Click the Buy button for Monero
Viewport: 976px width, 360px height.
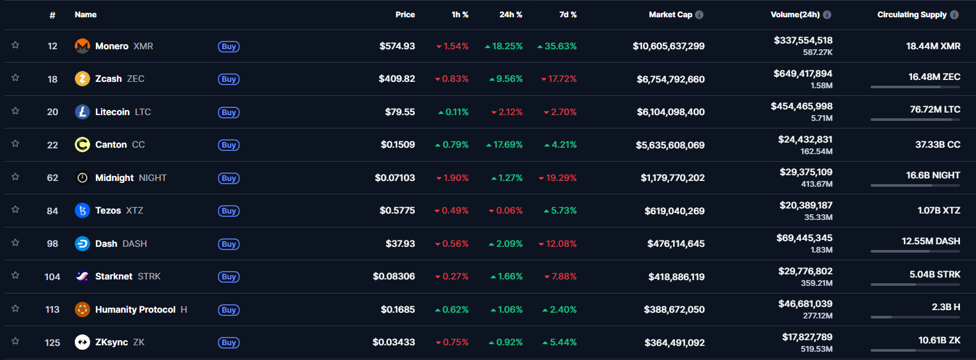(x=229, y=47)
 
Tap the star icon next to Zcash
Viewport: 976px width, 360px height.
(x=15, y=78)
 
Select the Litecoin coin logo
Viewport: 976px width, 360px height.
(x=82, y=112)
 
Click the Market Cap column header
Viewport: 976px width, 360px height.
(x=670, y=15)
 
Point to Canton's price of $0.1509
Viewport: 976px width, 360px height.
(x=398, y=145)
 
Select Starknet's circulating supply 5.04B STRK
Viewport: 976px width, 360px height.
(x=934, y=274)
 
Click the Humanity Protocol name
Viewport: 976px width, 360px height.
(x=135, y=309)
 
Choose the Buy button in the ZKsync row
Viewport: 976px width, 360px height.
(x=229, y=343)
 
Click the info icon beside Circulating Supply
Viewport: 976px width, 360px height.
(x=954, y=15)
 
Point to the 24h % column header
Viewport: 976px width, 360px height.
(x=511, y=15)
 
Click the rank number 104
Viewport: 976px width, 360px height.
(x=52, y=277)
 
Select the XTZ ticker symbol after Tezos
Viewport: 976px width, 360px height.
(x=135, y=210)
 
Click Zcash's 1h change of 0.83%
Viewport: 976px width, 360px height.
(x=451, y=79)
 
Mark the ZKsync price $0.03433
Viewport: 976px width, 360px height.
(x=394, y=342)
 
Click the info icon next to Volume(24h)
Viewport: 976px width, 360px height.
(x=827, y=15)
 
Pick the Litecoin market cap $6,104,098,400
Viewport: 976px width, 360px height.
(x=670, y=112)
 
